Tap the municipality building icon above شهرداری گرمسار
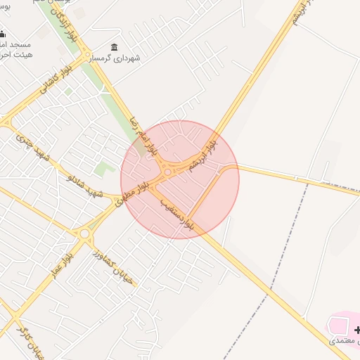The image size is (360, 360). point(114,46)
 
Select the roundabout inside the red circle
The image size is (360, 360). point(168,171)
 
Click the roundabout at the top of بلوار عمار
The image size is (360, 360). point(85,233)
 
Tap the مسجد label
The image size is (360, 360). point(13,44)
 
